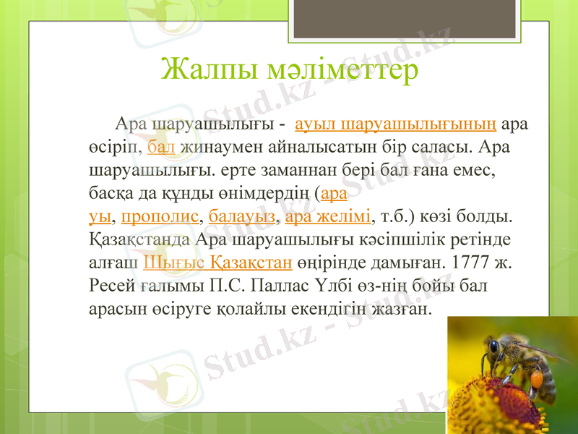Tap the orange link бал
tap(161, 147)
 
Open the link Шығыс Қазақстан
tap(217, 262)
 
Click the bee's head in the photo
tap(494, 348)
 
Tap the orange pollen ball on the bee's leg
tap(538, 378)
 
